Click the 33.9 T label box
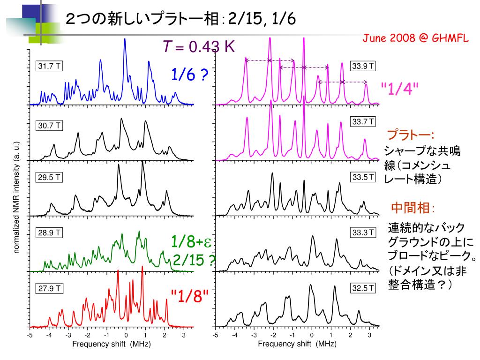coord(364,66)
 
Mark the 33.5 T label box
coord(364,177)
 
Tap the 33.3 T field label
coord(364,232)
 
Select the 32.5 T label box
coord(364,288)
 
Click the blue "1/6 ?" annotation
coord(189,74)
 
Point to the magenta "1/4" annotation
coord(399,89)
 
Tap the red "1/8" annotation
coord(189,296)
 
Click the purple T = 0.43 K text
coord(198,46)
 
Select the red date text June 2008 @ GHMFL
coord(415,38)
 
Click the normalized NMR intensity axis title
coord(16,197)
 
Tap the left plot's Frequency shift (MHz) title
coord(112,344)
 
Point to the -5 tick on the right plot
coord(216,336)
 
